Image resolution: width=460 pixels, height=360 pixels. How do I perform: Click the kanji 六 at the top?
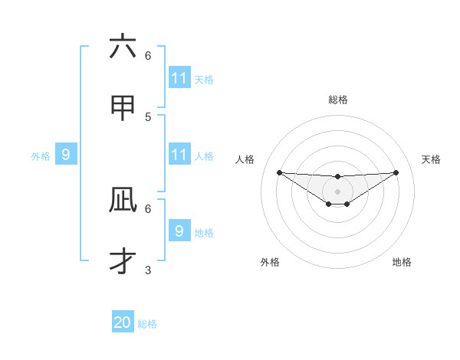(x=123, y=47)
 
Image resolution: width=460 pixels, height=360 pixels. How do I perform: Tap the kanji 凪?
(x=123, y=200)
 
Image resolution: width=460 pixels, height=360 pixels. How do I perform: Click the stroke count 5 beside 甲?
(x=148, y=116)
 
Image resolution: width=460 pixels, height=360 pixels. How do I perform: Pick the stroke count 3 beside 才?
(x=148, y=270)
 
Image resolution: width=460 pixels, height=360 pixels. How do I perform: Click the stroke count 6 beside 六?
(x=148, y=56)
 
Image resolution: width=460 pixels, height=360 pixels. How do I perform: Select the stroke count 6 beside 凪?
(x=148, y=208)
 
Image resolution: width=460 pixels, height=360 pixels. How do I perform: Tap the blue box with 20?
(x=123, y=322)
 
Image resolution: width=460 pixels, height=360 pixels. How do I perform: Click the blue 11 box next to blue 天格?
(x=179, y=78)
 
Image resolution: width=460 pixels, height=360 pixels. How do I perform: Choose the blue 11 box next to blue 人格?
(x=179, y=155)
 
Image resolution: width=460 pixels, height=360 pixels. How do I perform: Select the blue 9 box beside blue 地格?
(x=179, y=231)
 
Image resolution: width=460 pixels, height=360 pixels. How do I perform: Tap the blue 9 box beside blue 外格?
(x=66, y=155)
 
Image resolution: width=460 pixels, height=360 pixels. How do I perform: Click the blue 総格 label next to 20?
(x=147, y=324)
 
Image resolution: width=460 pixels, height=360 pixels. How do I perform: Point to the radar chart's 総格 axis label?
(x=338, y=100)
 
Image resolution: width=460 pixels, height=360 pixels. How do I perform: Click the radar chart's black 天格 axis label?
(x=432, y=159)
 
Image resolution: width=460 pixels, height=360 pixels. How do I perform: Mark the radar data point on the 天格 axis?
(x=396, y=172)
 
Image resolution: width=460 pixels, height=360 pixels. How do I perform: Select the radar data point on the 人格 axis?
(x=279, y=172)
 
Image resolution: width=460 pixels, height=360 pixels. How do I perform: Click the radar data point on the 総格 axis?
(x=338, y=177)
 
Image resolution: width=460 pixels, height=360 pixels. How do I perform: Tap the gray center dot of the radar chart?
(x=338, y=191)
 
